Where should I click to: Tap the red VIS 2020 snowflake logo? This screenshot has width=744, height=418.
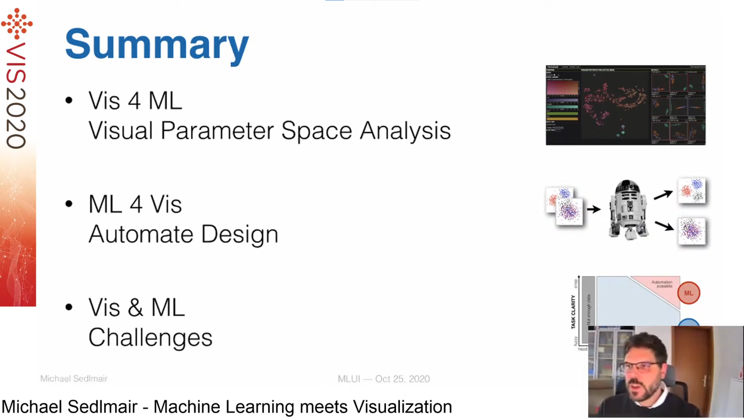point(17,24)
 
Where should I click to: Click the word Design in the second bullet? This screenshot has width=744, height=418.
point(239,234)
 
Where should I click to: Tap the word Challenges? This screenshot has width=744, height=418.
point(150,337)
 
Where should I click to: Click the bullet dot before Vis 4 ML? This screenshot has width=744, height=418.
point(69,100)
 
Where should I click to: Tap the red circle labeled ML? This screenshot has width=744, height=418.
point(689,293)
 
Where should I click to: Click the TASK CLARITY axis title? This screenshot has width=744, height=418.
point(573,312)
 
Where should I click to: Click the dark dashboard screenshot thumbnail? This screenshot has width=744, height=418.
point(625,105)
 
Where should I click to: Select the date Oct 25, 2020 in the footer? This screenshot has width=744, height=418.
point(402,379)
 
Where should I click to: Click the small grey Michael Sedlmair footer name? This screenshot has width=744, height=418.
point(74,379)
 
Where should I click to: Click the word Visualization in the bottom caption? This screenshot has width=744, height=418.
point(402,407)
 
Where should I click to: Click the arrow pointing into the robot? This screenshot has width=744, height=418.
point(593,209)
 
